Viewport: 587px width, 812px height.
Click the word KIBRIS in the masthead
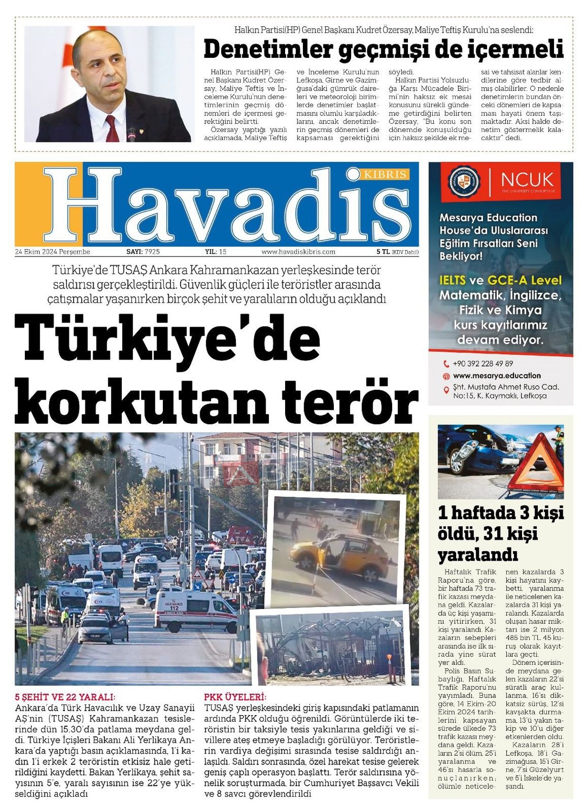[385, 174]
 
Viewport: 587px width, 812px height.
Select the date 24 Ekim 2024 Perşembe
[53, 252]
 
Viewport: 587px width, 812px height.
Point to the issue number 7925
[152, 252]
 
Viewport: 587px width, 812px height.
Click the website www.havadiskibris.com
[298, 252]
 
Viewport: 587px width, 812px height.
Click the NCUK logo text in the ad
[527, 180]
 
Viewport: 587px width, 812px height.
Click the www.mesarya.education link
[497, 376]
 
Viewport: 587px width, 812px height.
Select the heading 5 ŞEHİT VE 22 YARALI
[65, 697]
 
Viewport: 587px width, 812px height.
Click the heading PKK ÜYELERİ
[235, 697]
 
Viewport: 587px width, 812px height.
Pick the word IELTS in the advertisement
[452, 280]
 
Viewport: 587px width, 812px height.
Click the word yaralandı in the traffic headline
[478, 555]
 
